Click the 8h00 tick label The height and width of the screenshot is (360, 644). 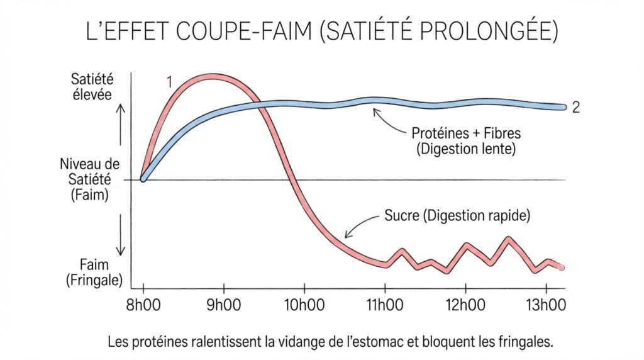[143, 305]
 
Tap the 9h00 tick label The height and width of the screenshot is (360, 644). [224, 305]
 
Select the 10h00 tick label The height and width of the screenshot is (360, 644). [304, 305]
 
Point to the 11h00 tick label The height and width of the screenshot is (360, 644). [385, 305]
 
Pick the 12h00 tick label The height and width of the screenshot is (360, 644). [465, 305]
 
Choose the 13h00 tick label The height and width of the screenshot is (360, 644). [546, 305]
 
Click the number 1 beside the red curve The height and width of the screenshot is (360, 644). [170, 81]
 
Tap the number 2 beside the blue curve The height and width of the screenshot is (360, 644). [575, 108]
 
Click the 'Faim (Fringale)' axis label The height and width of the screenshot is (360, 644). [94, 272]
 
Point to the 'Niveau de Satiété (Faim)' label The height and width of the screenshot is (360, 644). [90, 180]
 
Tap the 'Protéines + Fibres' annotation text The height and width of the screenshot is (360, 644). [466, 133]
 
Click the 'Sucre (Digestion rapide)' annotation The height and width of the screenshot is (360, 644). [457, 216]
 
